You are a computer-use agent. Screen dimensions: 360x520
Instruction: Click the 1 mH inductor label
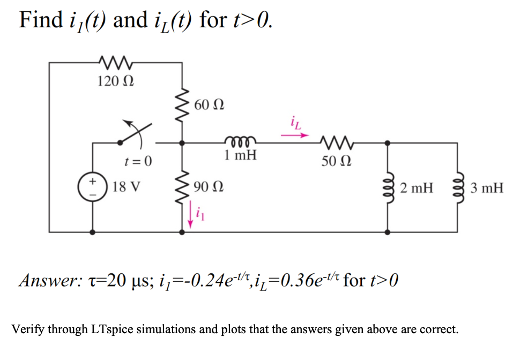tap(240, 156)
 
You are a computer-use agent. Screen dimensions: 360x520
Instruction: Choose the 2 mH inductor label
tap(417, 187)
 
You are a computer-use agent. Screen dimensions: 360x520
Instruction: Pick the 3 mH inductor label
tap(487, 187)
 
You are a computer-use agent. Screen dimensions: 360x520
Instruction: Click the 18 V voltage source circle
tap(93, 187)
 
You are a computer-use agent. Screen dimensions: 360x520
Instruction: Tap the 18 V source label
tap(128, 187)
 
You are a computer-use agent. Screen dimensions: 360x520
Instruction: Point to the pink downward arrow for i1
tap(189, 216)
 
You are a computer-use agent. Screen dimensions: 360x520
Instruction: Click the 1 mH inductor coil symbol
tap(240, 141)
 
